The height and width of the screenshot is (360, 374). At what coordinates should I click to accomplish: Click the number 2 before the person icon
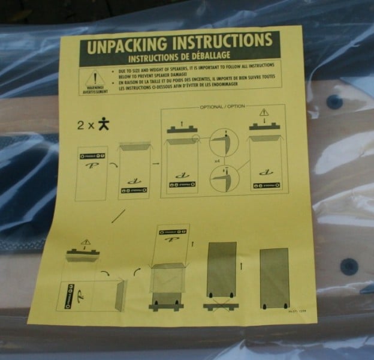80,126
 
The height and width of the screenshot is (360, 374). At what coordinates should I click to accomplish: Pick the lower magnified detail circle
224,178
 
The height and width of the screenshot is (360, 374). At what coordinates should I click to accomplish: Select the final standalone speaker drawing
275,278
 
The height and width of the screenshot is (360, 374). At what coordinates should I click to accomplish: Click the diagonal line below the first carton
118,215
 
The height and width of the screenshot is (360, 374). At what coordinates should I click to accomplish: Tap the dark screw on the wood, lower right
349,266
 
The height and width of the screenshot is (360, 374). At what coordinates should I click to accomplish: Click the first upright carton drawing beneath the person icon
92,173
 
